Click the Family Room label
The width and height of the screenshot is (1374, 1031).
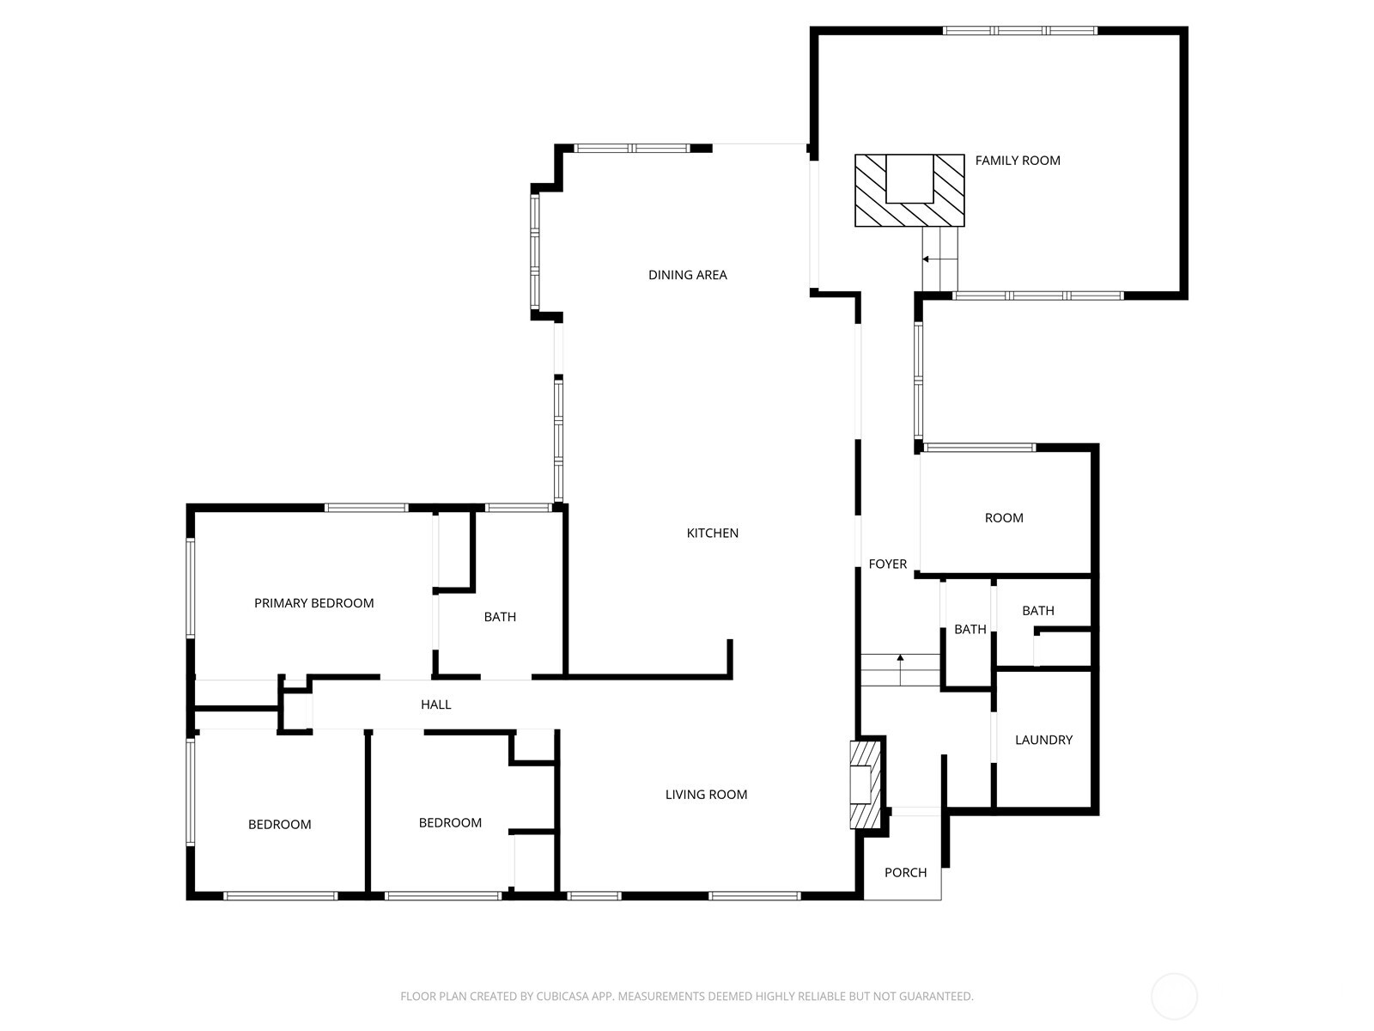pyautogui.click(x=1018, y=161)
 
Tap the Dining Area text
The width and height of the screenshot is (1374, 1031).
pyautogui.click(x=687, y=275)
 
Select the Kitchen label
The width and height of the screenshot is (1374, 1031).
pyautogui.click(x=712, y=533)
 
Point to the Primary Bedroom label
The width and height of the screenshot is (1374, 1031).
pyautogui.click(x=313, y=603)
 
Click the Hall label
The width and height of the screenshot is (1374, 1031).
pyautogui.click(x=435, y=705)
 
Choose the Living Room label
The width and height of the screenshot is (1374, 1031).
pyautogui.click(x=706, y=795)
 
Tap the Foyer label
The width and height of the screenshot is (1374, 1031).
pyautogui.click(x=887, y=564)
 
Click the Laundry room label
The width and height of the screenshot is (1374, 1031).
pyautogui.click(x=1043, y=740)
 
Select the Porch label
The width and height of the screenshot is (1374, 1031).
pyautogui.click(x=905, y=873)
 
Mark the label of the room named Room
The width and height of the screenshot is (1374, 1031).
pyautogui.click(x=1003, y=518)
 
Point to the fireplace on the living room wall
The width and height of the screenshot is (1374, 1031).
pyautogui.click(x=865, y=784)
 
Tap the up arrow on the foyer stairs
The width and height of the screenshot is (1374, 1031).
pyautogui.click(x=900, y=661)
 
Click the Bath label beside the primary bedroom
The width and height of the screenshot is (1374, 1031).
pyautogui.click(x=500, y=617)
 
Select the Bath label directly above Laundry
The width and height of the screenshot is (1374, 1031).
pyautogui.click(x=1037, y=611)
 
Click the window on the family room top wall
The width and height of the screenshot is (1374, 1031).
pyautogui.click(x=1019, y=31)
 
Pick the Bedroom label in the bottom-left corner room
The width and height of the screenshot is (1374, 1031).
pyautogui.click(x=279, y=825)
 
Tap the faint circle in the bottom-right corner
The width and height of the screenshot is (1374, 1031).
pyautogui.click(x=1174, y=997)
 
